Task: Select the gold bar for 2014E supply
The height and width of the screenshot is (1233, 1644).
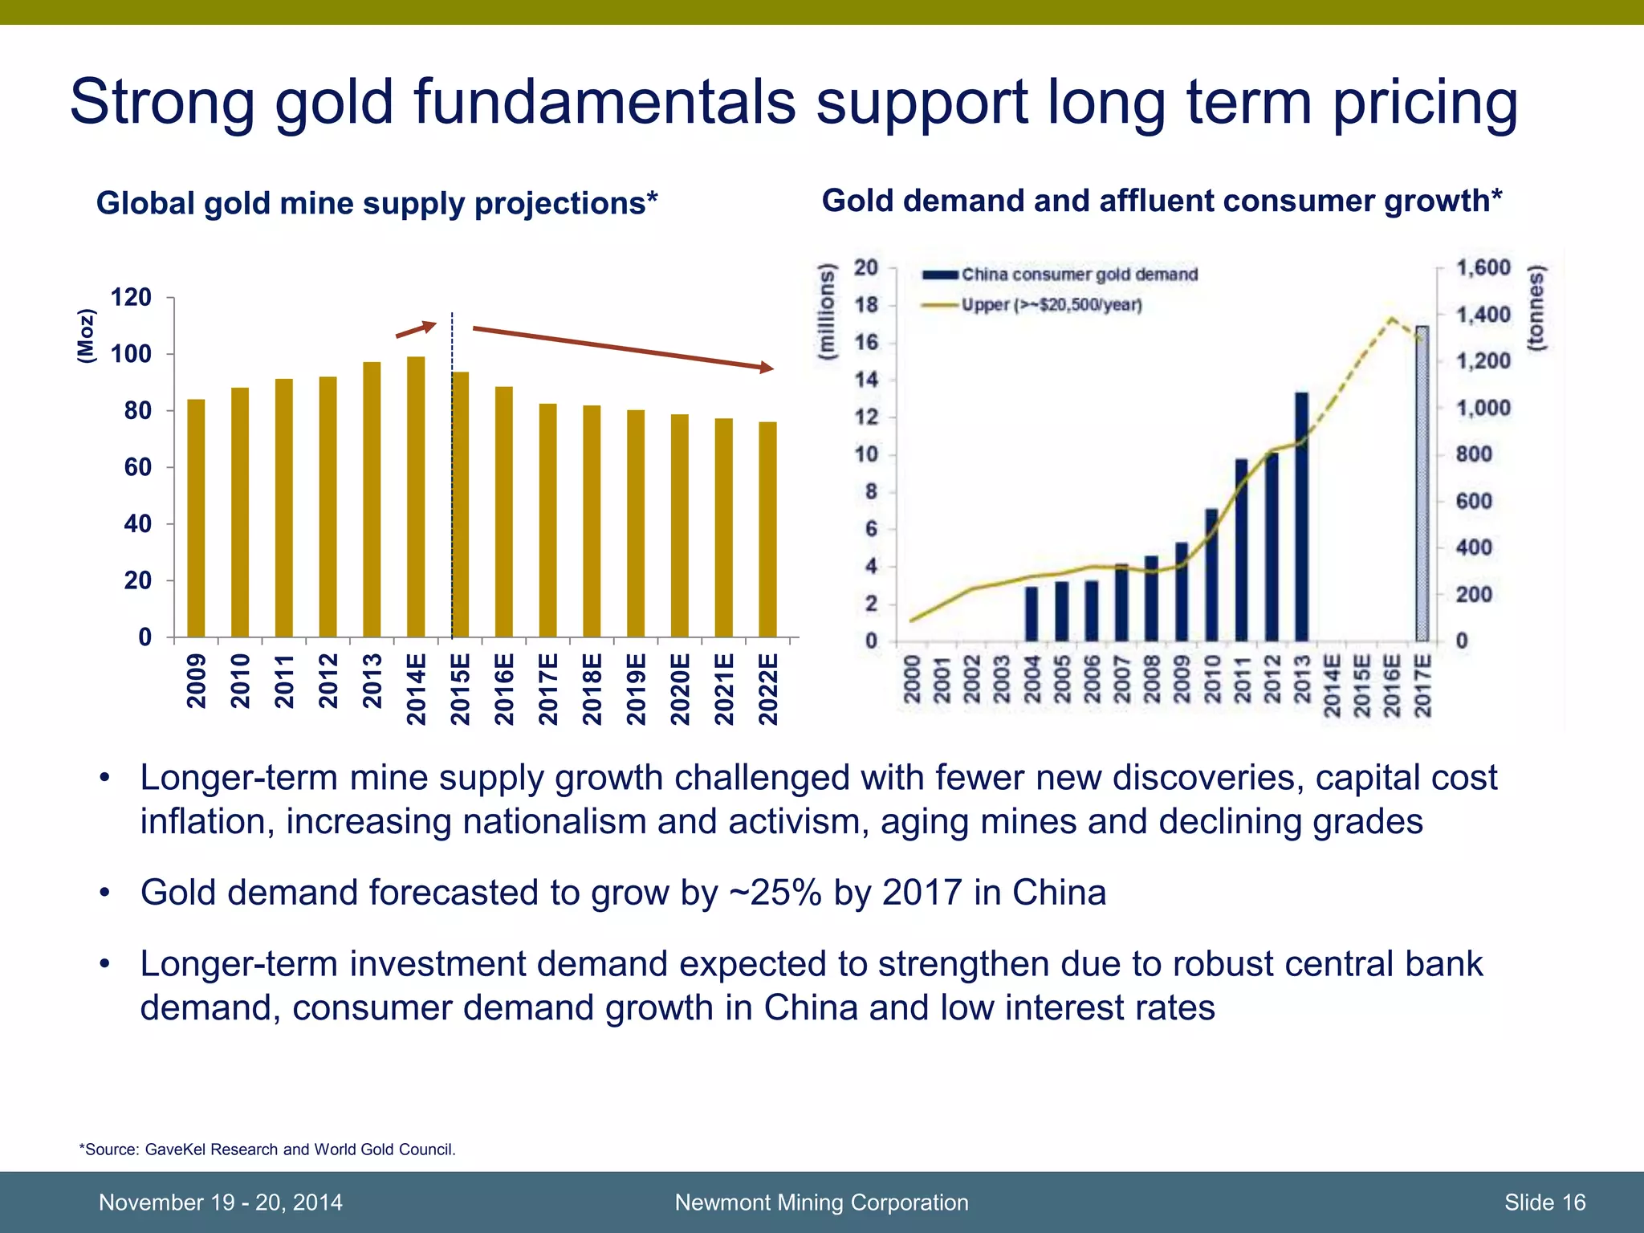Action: click(x=416, y=498)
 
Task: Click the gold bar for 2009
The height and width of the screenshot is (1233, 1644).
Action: click(x=196, y=519)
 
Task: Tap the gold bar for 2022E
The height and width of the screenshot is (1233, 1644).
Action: click(x=767, y=530)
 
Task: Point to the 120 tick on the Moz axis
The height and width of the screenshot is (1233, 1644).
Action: click(x=131, y=298)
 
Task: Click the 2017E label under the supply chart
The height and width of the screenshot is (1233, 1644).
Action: click(x=547, y=689)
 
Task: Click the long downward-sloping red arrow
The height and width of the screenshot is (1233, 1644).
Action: click(x=623, y=348)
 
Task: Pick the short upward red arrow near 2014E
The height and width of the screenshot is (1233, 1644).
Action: click(x=416, y=329)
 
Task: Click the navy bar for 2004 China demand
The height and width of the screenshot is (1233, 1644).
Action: click(x=1032, y=613)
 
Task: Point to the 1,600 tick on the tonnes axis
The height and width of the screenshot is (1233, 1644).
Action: click(x=1483, y=267)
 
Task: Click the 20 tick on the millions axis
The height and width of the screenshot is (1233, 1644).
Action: click(x=865, y=267)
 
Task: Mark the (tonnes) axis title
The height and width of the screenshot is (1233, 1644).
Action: click(x=1536, y=308)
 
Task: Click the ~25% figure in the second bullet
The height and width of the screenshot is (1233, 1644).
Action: click(x=775, y=893)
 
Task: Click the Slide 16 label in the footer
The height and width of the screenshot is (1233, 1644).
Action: click(x=1544, y=1202)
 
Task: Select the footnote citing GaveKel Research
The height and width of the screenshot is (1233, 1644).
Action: click(x=267, y=1150)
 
